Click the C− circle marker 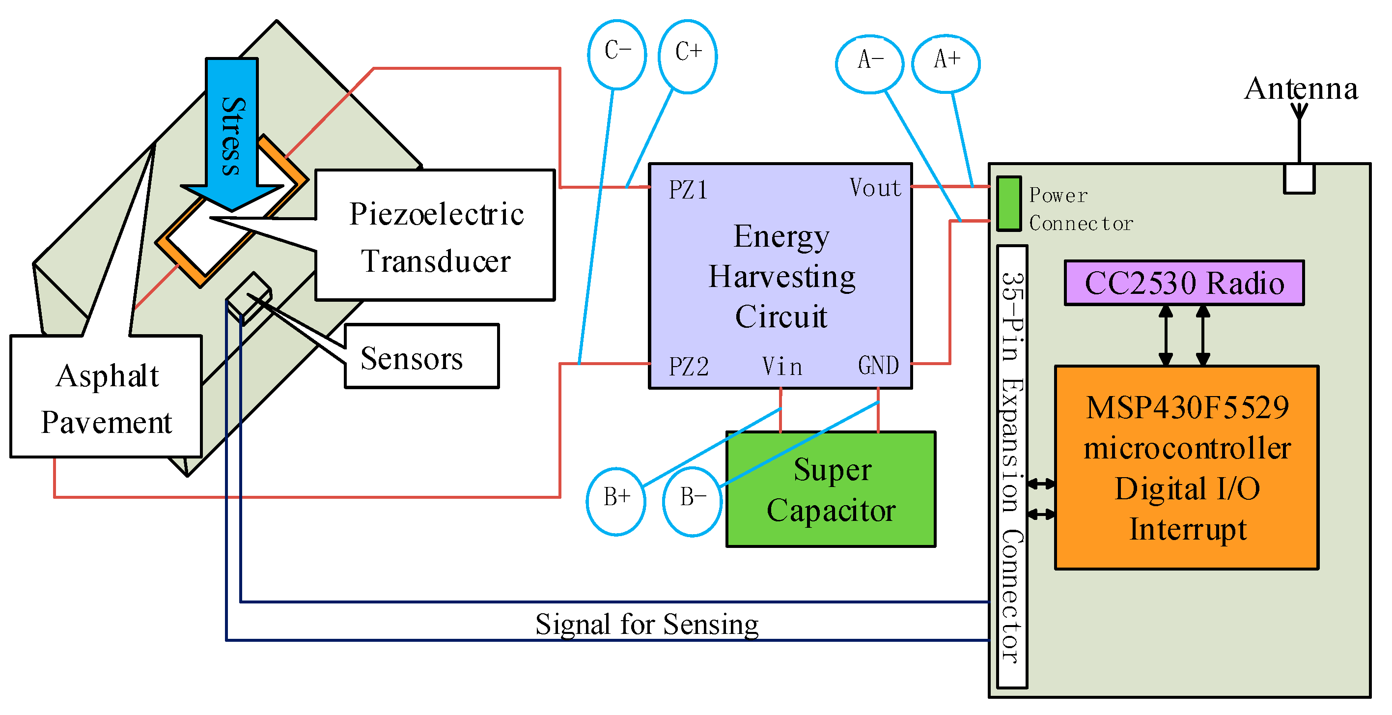point(617,54)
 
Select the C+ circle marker point(688,56)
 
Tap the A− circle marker point(869,64)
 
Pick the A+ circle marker point(946,63)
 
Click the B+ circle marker point(616,501)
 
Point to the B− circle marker point(692,501)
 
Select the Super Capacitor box point(831,489)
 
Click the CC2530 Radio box point(1184,283)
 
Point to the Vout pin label point(875,188)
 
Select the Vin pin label point(782,367)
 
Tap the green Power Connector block point(1008,204)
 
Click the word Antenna point(1301,88)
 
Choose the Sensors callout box point(421,357)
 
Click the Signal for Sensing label point(647,624)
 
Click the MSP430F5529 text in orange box point(1187,408)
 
